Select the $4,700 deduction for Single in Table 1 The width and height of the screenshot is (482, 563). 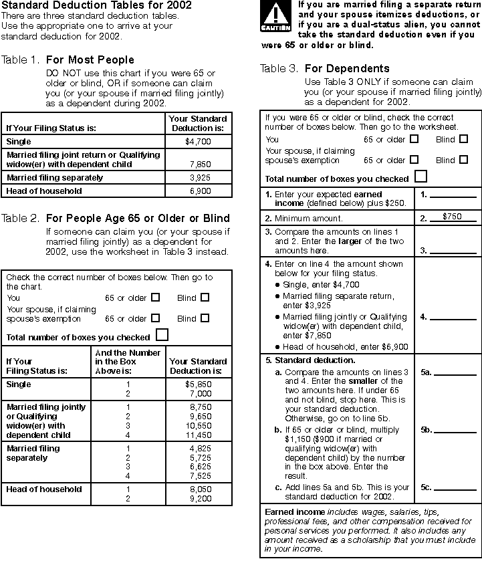click(198, 142)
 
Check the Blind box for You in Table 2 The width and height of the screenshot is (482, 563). click(205, 298)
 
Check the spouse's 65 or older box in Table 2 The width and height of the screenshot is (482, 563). click(156, 318)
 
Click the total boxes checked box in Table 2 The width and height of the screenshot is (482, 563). click(162, 335)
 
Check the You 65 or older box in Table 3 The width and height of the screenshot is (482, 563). click(414, 139)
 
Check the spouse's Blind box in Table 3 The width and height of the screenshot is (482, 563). click(463, 160)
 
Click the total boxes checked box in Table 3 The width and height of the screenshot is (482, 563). click(421, 177)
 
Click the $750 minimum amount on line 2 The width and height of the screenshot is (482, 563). click(452, 217)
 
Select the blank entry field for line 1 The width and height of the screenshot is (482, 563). click(453, 197)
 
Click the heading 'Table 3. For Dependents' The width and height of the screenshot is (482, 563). click(325, 68)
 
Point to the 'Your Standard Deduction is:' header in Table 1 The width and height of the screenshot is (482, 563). click(199, 123)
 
